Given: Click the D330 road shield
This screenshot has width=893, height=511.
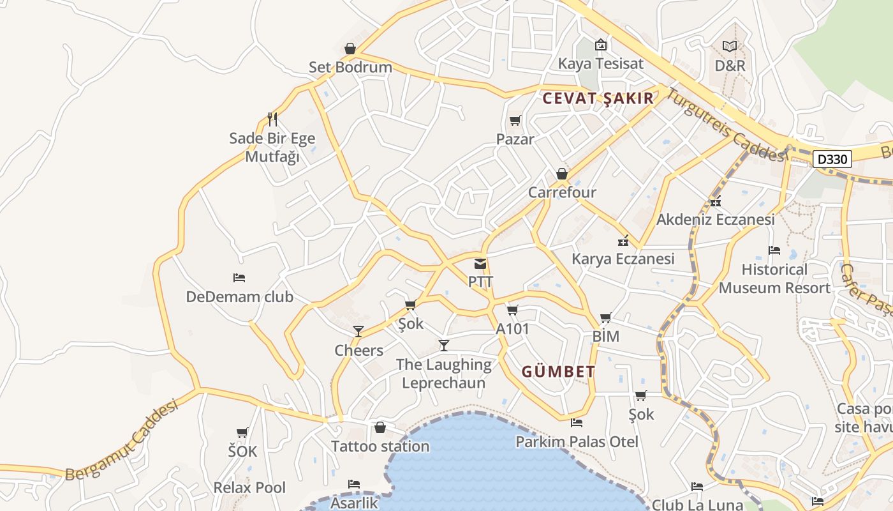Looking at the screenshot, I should click(x=832, y=159).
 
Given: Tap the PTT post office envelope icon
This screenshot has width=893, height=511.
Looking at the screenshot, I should click(x=480, y=264).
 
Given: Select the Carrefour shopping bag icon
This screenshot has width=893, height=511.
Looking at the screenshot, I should click(x=562, y=174).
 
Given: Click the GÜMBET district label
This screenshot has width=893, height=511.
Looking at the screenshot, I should click(x=559, y=371).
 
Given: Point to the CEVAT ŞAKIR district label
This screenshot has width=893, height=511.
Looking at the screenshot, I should click(x=598, y=98).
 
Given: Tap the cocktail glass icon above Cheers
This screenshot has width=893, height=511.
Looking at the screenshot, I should click(x=358, y=331).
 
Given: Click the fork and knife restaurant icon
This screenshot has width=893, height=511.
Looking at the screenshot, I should click(x=272, y=119).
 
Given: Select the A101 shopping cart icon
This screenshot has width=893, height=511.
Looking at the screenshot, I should click(x=512, y=310).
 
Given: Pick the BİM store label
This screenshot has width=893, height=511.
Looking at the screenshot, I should click(x=605, y=336).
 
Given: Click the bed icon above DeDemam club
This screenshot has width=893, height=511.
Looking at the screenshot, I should click(x=239, y=278).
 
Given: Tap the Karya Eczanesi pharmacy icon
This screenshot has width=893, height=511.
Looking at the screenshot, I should click(x=623, y=241).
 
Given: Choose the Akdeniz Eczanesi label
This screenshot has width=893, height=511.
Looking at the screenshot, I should click(x=716, y=219).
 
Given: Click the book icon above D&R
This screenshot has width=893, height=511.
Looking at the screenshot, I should click(x=730, y=46).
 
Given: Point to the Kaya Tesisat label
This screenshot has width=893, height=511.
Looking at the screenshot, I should click(x=600, y=63).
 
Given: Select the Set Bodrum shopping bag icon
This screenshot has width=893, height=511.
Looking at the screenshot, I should click(x=350, y=49).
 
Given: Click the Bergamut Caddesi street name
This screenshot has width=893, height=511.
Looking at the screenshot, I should click(x=121, y=440).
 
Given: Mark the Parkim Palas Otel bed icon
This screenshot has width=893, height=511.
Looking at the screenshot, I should click(x=577, y=422).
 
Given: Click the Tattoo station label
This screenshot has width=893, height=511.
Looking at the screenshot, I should click(x=380, y=446).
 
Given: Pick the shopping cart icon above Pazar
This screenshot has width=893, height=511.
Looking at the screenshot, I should click(x=515, y=120).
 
